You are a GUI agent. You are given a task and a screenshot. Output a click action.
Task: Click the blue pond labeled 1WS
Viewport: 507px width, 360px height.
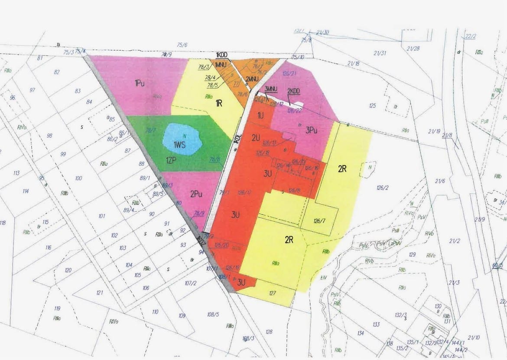point(182,139)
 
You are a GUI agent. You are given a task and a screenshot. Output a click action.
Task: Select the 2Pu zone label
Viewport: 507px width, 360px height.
point(196,195)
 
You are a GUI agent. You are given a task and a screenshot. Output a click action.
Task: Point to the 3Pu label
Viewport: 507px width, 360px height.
point(312,129)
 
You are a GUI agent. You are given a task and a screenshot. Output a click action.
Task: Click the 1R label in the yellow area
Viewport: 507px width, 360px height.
point(219,103)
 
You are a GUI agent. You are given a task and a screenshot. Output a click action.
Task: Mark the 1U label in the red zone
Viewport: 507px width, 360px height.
point(260,116)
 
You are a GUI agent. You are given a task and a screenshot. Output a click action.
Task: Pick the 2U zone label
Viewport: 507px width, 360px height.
point(256,138)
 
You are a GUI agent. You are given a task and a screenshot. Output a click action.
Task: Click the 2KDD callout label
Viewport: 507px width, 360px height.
point(294,91)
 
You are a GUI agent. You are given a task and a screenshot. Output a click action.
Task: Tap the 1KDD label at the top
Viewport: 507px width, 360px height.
point(221,55)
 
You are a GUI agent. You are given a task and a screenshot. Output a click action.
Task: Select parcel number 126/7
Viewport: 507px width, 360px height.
point(319,221)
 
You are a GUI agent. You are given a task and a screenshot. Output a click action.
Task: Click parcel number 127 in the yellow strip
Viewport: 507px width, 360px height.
point(273,293)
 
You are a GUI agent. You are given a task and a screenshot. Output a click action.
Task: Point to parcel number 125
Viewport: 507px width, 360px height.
point(372,106)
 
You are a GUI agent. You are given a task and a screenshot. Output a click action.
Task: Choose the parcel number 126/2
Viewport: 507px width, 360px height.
point(382,188)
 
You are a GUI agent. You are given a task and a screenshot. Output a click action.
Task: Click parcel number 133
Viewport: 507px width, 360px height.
point(376,324)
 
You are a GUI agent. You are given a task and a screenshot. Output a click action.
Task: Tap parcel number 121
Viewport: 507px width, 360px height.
point(100,293)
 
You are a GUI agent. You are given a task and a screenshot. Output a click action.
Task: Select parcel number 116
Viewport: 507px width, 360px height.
point(48,247)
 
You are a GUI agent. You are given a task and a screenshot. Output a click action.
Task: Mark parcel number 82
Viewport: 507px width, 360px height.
point(57,72)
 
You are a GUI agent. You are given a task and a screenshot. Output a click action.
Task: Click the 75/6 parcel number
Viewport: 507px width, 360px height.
point(182,45)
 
